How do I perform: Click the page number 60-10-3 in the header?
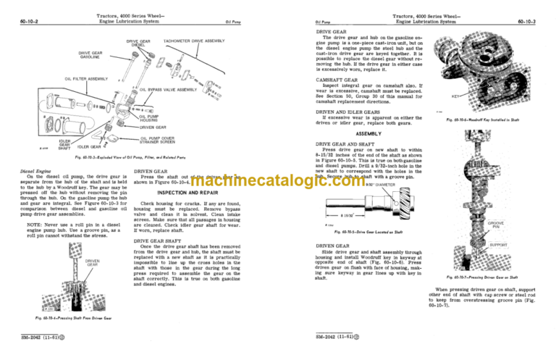(536, 22)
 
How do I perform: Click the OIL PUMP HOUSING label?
(149, 117)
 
